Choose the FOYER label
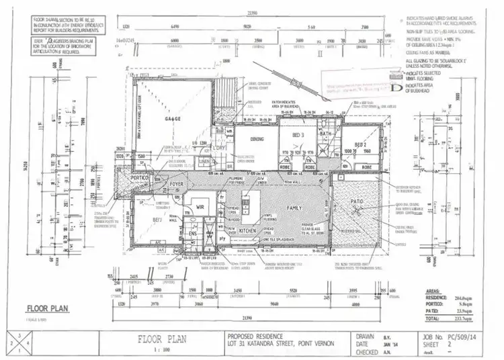pos(177,182)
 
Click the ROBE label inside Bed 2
pos(367,166)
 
